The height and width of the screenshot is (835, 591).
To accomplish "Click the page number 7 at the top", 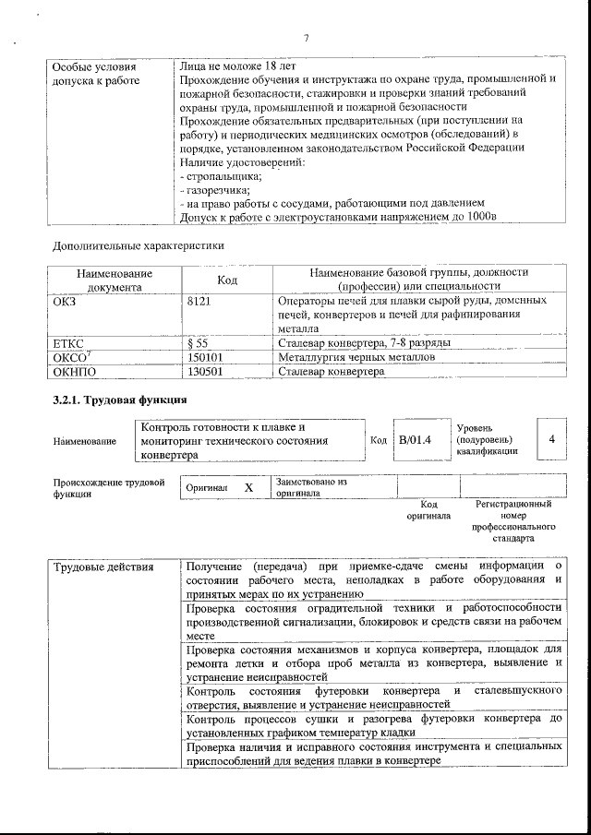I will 306,37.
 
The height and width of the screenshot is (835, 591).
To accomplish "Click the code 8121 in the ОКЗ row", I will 200,301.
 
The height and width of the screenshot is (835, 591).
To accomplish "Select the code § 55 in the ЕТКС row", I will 197,343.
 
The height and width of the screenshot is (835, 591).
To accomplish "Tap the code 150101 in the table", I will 206,357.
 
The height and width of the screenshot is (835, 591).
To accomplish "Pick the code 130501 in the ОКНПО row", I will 206,371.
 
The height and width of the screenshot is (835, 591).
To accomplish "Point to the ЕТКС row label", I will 70,343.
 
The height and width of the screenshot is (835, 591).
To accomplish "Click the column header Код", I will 228,280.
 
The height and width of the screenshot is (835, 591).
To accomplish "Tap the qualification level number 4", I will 551,440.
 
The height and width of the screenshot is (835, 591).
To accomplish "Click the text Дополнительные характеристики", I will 138,246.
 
